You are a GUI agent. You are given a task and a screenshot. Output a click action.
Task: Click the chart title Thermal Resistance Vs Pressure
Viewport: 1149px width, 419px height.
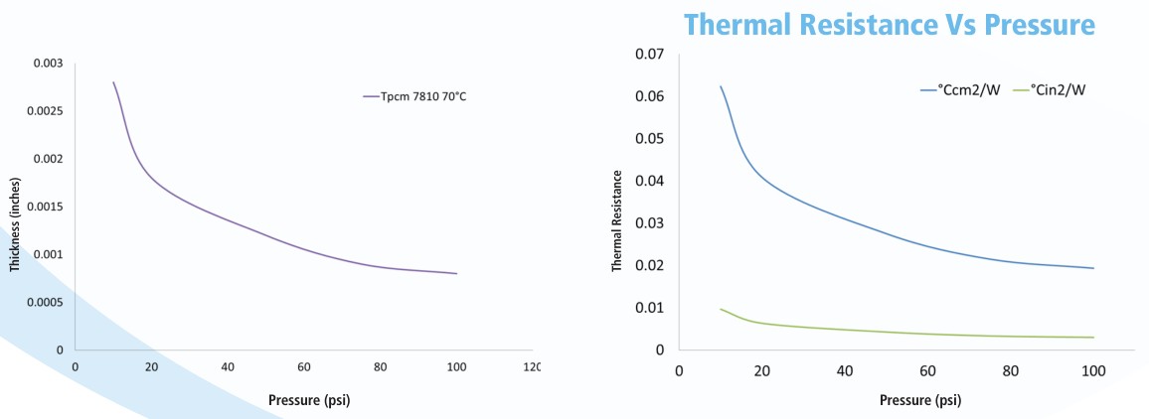(x=890, y=24)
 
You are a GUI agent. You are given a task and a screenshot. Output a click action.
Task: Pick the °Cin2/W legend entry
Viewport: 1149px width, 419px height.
(x=1054, y=89)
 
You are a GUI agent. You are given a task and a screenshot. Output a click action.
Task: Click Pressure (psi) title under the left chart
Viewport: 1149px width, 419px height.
(x=308, y=400)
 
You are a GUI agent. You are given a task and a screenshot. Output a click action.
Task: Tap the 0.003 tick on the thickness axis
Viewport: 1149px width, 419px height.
(x=48, y=64)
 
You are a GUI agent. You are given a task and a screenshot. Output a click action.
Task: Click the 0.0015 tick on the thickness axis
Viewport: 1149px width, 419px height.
(x=46, y=207)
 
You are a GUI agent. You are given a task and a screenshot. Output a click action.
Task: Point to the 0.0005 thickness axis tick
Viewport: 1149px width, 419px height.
(x=46, y=302)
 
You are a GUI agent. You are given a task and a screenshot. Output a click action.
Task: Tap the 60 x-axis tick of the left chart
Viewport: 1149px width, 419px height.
(x=304, y=367)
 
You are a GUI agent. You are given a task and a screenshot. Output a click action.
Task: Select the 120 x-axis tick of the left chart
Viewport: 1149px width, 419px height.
(x=531, y=367)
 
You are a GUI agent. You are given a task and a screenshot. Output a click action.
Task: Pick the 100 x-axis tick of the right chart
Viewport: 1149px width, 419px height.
(x=1093, y=371)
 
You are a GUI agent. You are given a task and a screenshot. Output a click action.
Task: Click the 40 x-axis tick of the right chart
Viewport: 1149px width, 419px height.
(x=845, y=371)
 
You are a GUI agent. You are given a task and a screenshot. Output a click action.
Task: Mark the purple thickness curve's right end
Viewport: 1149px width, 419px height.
(x=456, y=273)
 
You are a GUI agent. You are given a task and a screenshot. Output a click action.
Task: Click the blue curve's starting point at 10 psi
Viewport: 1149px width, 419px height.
(x=721, y=86)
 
